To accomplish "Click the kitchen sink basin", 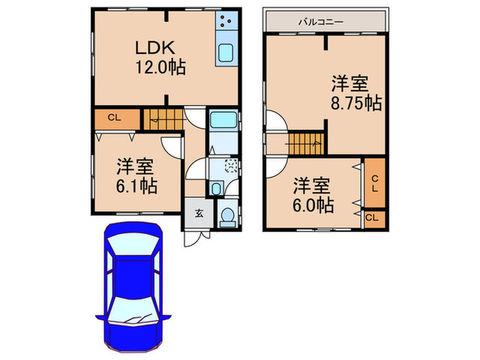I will [x=225, y=52].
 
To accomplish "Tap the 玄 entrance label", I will [x=198, y=213].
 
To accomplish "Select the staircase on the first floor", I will [x=164, y=119].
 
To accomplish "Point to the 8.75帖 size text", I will [x=355, y=104].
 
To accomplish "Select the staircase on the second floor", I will [x=305, y=144].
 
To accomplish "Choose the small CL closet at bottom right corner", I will [x=372, y=217].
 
